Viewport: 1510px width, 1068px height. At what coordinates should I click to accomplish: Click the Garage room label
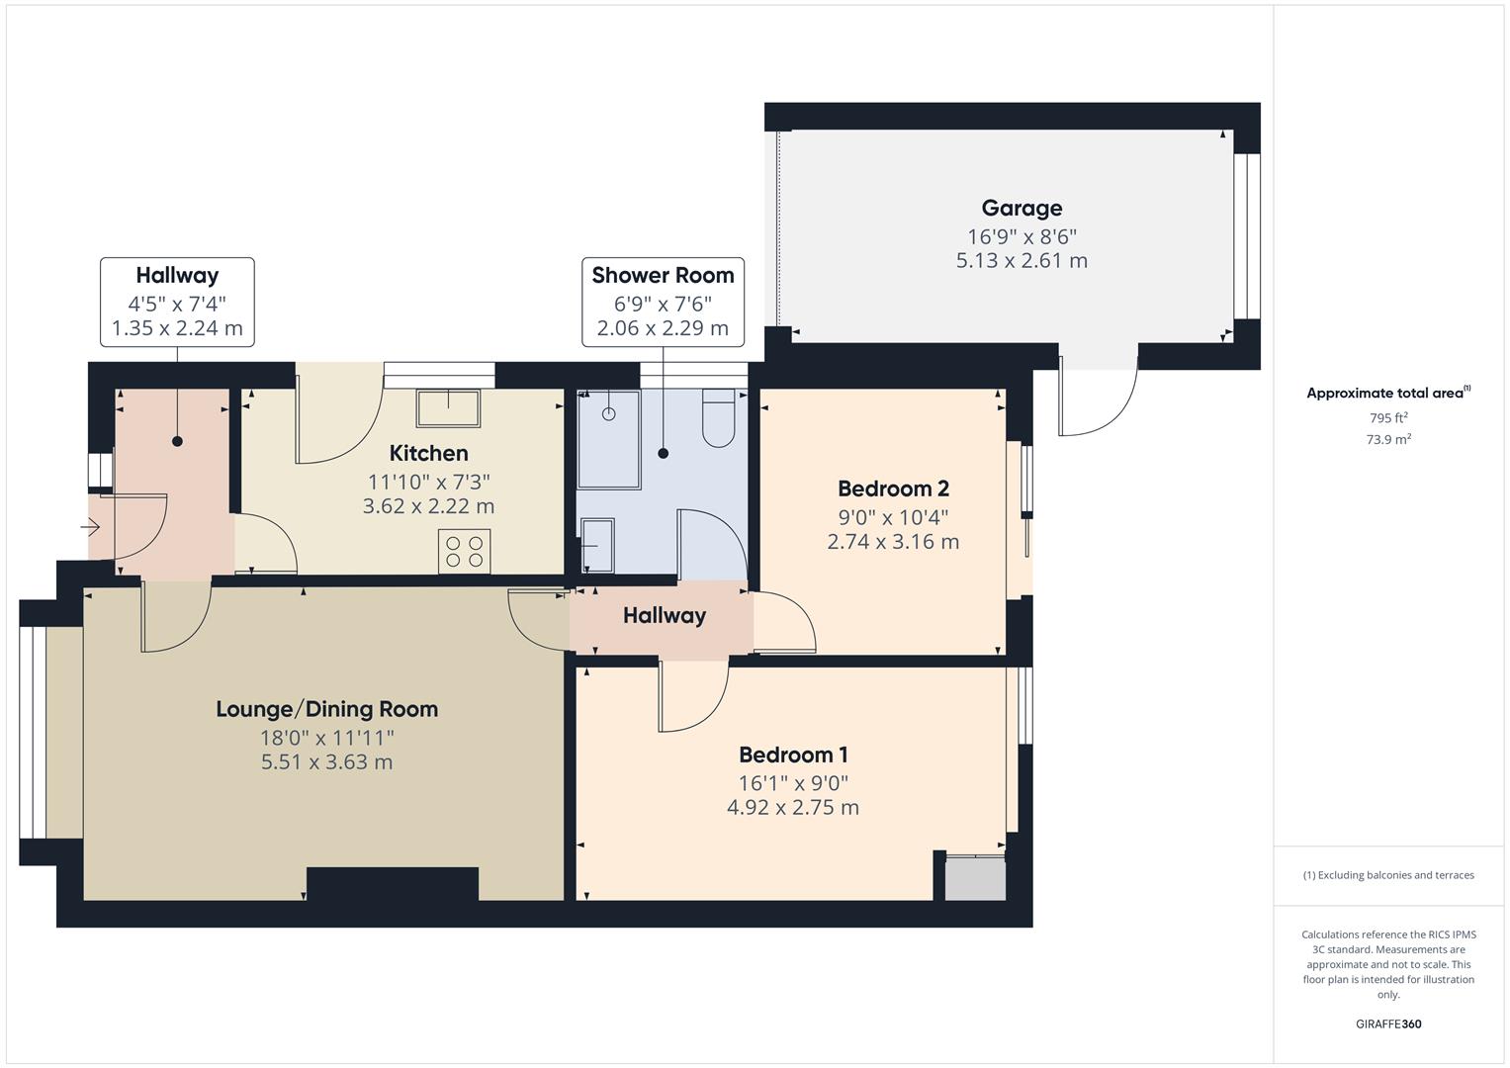coord(1021,208)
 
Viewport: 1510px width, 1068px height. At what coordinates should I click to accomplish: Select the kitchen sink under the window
coord(448,407)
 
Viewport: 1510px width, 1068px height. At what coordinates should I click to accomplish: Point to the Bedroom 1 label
coord(793,755)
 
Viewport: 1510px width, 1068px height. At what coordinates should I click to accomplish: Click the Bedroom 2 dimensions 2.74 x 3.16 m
coord(892,541)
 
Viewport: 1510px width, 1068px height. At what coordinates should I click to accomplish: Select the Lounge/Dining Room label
coord(326,709)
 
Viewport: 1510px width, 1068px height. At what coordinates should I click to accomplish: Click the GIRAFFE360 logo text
coord(1387,1023)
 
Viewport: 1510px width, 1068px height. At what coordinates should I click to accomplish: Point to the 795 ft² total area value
coord(1387,417)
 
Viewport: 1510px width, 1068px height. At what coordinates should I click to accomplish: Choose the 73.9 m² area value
coord(1387,439)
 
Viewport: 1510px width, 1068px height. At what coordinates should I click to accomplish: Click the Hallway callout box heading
coord(177,275)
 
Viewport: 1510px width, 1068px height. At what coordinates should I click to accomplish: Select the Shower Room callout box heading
coord(663,275)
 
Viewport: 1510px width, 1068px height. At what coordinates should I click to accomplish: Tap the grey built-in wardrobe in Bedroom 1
coord(974,878)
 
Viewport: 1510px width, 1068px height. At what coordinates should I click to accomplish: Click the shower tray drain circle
coord(609,413)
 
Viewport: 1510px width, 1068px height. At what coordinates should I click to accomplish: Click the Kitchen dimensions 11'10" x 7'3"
coord(428,482)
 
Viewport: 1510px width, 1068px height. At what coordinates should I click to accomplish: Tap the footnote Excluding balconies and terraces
coord(1387,875)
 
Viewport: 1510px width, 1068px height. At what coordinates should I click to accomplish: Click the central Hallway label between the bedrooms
coord(664,616)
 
